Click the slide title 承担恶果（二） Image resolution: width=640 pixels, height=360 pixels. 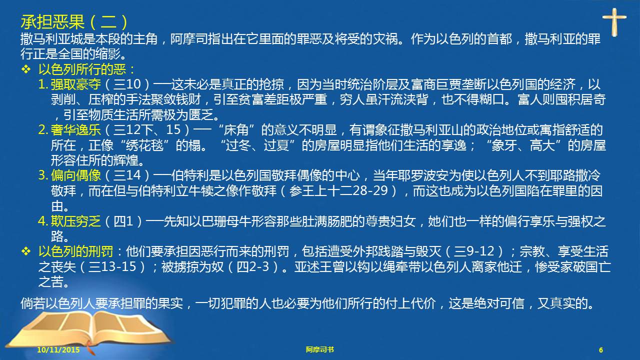[74, 22]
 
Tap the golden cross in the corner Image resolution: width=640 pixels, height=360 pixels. [614, 21]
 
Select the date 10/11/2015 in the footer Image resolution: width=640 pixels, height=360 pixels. [58, 349]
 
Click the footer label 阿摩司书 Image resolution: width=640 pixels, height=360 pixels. [319, 349]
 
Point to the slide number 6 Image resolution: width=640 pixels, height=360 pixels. [601, 350]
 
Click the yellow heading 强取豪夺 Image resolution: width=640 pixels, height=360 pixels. [76, 84]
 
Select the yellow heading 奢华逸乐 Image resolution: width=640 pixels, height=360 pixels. [76, 129]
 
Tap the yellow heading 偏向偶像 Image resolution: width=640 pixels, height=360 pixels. [76, 175]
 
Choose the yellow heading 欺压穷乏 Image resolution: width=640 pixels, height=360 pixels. [76, 221]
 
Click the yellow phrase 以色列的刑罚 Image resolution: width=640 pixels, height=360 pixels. [75, 251]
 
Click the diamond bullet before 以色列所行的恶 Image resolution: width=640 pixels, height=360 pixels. [26, 69]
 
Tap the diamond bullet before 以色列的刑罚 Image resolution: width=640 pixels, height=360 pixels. [26, 251]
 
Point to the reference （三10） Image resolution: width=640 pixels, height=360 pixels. [127, 84]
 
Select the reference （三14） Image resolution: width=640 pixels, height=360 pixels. [127, 175]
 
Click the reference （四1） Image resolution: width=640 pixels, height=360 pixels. [123, 221]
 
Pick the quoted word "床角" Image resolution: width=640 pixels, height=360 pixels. [236, 129]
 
